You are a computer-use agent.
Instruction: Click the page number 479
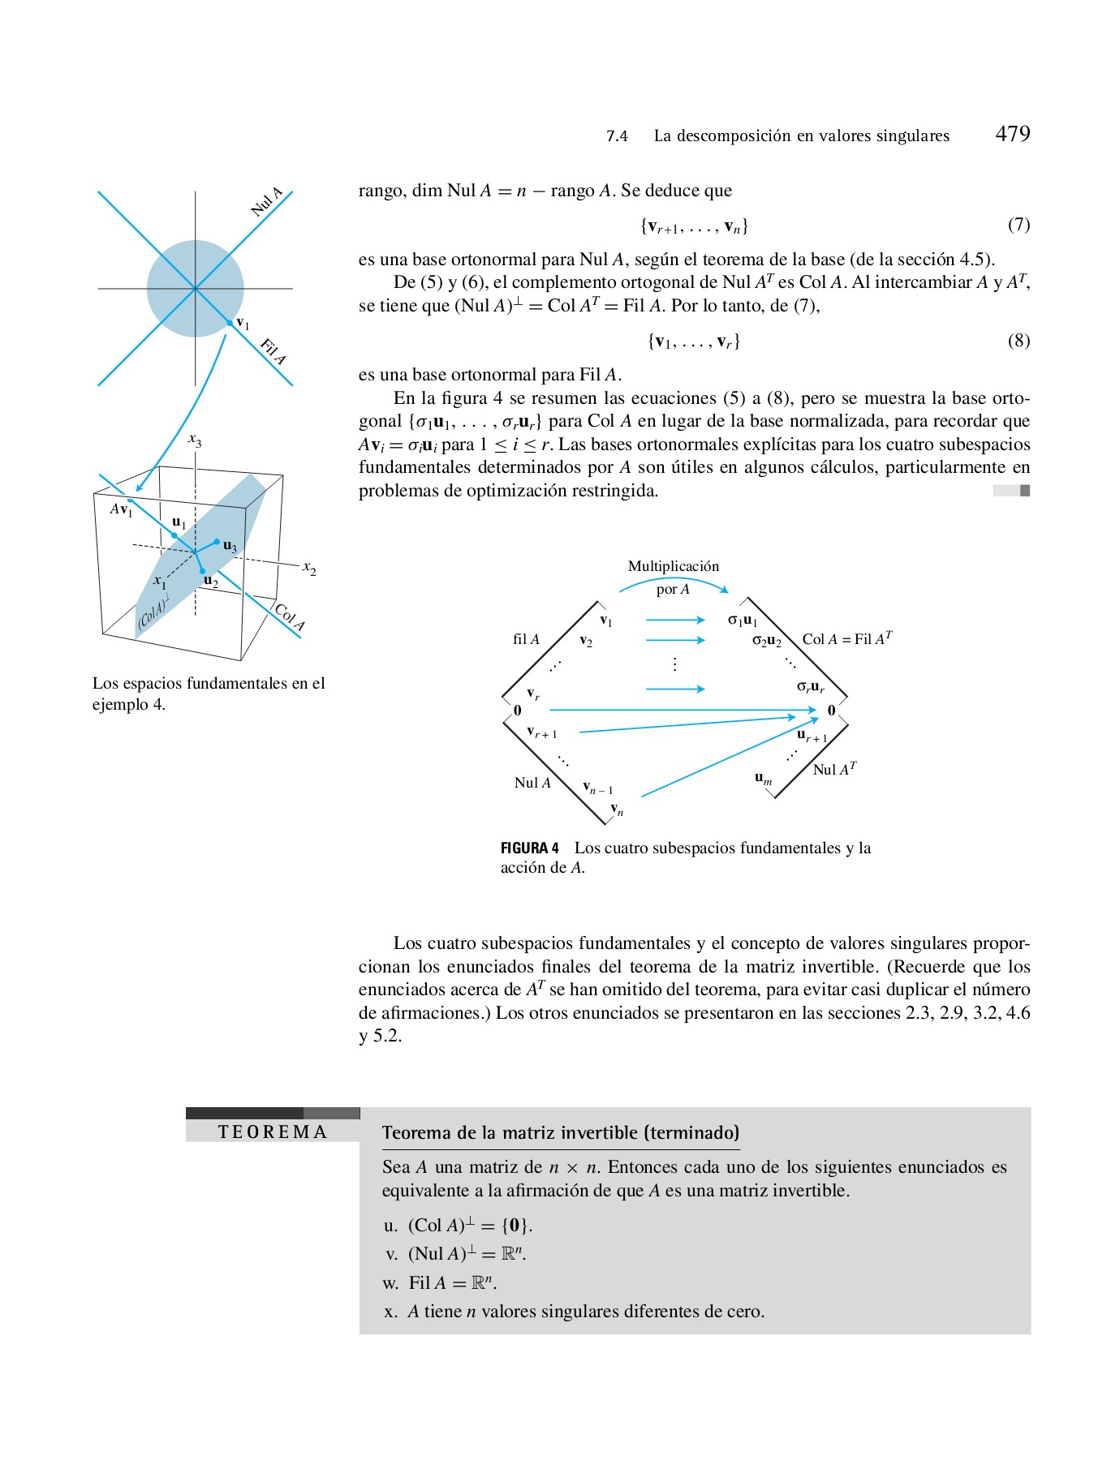click(x=1012, y=134)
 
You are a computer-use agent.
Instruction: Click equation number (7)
click(x=1019, y=225)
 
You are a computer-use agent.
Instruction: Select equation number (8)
click(x=1019, y=341)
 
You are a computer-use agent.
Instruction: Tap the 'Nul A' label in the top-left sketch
click(x=267, y=201)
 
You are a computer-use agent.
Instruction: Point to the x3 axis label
click(x=195, y=440)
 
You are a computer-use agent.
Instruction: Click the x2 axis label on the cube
click(x=309, y=568)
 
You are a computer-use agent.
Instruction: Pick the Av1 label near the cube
click(x=122, y=509)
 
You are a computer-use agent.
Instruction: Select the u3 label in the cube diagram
click(x=230, y=546)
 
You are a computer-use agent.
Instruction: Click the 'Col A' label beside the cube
click(x=290, y=616)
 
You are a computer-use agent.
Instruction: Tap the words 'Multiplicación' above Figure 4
click(x=673, y=566)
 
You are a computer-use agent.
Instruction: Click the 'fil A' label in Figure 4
click(x=526, y=639)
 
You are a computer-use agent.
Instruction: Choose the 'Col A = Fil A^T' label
click(x=846, y=638)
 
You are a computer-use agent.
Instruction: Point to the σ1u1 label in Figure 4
click(x=742, y=620)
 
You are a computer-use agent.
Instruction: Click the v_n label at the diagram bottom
click(x=617, y=809)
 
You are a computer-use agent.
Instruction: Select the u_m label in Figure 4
click(x=763, y=778)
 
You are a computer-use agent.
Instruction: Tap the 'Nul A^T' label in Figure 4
click(x=834, y=769)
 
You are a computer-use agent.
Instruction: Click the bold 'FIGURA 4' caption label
click(x=529, y=848)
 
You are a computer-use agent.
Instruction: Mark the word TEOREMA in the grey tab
click(x=273, y=1132)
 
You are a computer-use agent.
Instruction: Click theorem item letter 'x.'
click(x=390, y=1312)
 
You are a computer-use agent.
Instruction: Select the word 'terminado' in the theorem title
click(x=691, y=1133)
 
